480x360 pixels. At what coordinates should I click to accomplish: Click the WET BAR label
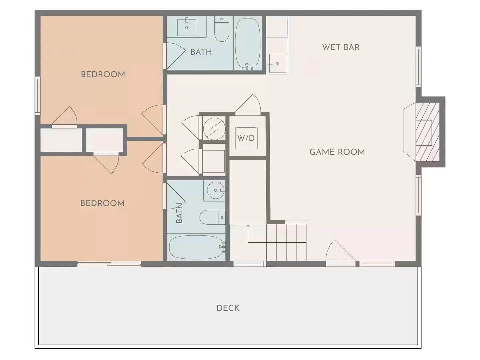(341, 47)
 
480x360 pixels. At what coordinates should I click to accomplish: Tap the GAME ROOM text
(337, 152)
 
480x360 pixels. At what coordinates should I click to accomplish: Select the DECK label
(228, 308)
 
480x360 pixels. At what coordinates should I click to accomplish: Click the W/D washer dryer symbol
(246, 138)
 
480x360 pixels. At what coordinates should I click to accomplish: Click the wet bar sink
(278, 63)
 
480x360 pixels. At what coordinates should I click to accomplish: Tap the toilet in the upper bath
(222, 29)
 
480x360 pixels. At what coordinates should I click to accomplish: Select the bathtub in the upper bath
(248, 44)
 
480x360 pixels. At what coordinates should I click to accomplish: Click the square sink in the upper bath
(187, 27)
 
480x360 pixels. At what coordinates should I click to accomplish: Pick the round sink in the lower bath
(215, 190)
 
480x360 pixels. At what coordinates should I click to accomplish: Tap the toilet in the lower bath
(212, 217)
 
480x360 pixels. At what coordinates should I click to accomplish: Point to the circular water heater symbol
(214, 129)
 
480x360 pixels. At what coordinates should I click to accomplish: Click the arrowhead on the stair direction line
(248, 226)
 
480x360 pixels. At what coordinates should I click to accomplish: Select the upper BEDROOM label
(103, 75)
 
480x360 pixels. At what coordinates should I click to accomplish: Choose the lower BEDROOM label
(102, 203)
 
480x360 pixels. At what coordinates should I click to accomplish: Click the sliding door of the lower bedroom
(109, 263)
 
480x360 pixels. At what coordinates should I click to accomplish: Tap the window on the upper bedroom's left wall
(38, 96)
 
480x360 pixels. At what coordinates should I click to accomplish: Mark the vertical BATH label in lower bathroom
(179, 213)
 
